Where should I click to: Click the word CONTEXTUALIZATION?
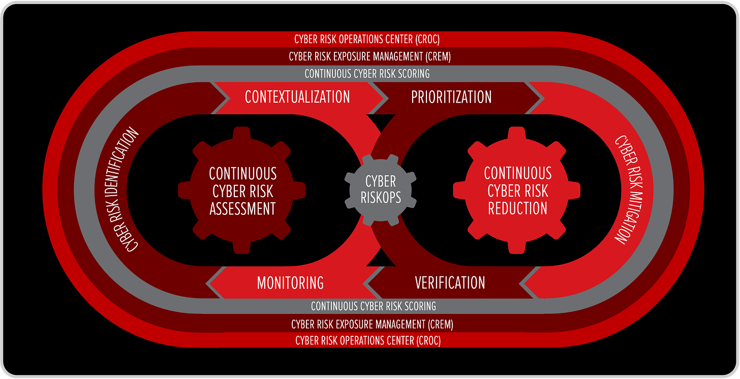[x=297, y=97]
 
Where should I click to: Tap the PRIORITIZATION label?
[x=451, y=97]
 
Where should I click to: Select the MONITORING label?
[x=290, y=282]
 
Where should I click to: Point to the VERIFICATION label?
[x=450, y=282]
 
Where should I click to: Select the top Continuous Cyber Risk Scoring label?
[x=367, y=74]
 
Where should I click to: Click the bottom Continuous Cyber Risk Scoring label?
[x=374, y=306]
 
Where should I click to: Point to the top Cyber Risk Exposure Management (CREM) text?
[x=369, y=57]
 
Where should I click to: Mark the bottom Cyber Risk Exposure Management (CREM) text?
[x=372, y=324]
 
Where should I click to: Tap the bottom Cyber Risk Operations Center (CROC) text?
[x=368, y=340]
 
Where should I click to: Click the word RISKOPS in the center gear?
[x=381, y=197]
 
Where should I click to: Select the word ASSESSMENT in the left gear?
[x=243, y=208]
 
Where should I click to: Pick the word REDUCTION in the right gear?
[x=517, y=208]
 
